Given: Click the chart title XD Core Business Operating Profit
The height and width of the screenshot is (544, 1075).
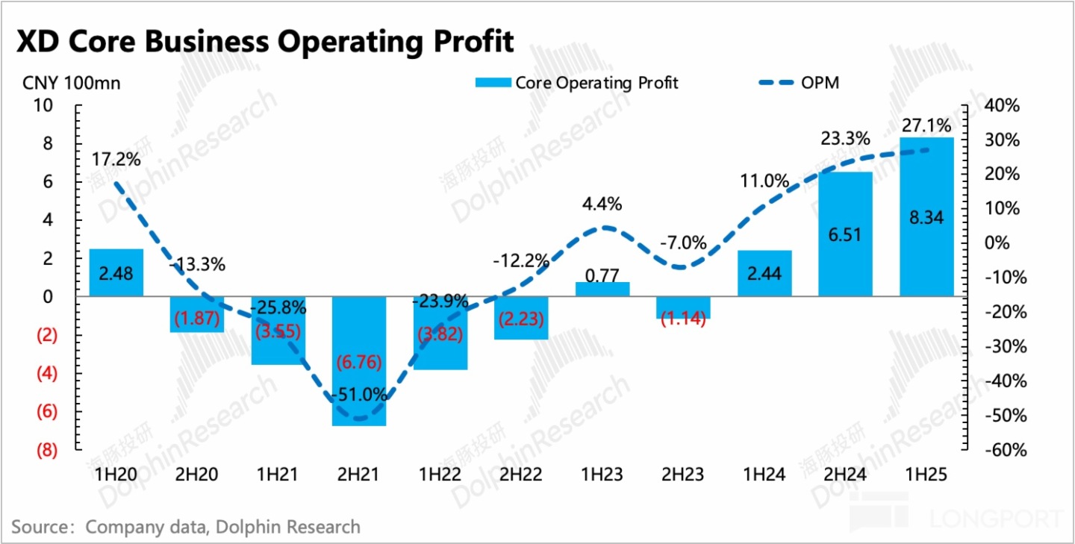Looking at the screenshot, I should [266, 41].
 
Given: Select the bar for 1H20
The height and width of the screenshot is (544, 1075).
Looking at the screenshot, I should [116, 272].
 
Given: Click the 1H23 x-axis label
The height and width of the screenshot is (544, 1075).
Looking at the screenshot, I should [602, 475].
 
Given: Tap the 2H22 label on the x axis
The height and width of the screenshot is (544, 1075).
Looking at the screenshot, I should [520, 475].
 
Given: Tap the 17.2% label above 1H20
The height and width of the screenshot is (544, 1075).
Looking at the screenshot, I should [116, 160].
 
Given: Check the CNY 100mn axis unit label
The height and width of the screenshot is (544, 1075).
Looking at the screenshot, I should [71, 83].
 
